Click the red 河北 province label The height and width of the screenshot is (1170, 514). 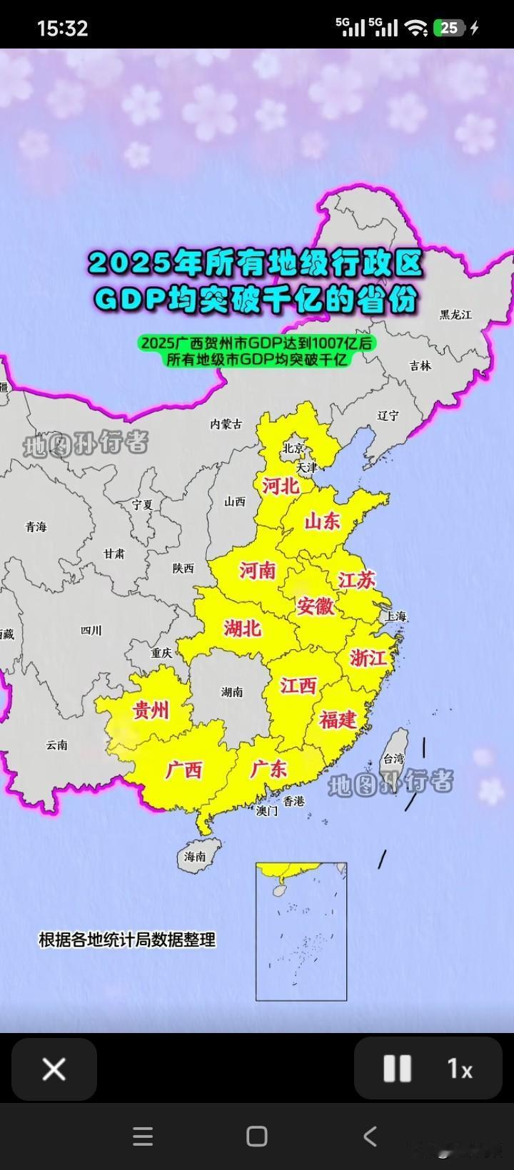click(281, 486)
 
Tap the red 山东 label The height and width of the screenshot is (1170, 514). click(323, 522)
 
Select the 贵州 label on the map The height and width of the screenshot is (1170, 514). click(151, 711)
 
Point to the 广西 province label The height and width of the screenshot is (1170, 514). click(184, 770)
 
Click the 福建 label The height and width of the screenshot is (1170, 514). click(338, 719)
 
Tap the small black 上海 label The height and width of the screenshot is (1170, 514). click(395, 616)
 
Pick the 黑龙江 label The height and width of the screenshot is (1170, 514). click(455, 315)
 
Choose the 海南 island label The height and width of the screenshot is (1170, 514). click(195, 856)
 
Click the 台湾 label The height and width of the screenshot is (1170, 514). click(394, 758)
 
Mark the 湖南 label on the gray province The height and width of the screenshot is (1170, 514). click(232, 691)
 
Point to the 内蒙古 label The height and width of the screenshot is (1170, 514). click(226, 424)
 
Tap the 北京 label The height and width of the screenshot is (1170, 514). click(293, 449)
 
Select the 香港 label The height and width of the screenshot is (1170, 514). click(293, 801)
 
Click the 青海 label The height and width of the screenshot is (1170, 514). click(36, 527)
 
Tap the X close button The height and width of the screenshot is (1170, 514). click(54, 1069)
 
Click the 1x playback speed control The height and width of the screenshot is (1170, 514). click(460, 1069)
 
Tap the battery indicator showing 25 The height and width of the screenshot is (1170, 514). click(450, 28)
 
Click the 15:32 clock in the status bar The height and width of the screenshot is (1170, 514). click(62, 28)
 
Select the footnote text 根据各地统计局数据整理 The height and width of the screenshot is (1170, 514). click(127, 940)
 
